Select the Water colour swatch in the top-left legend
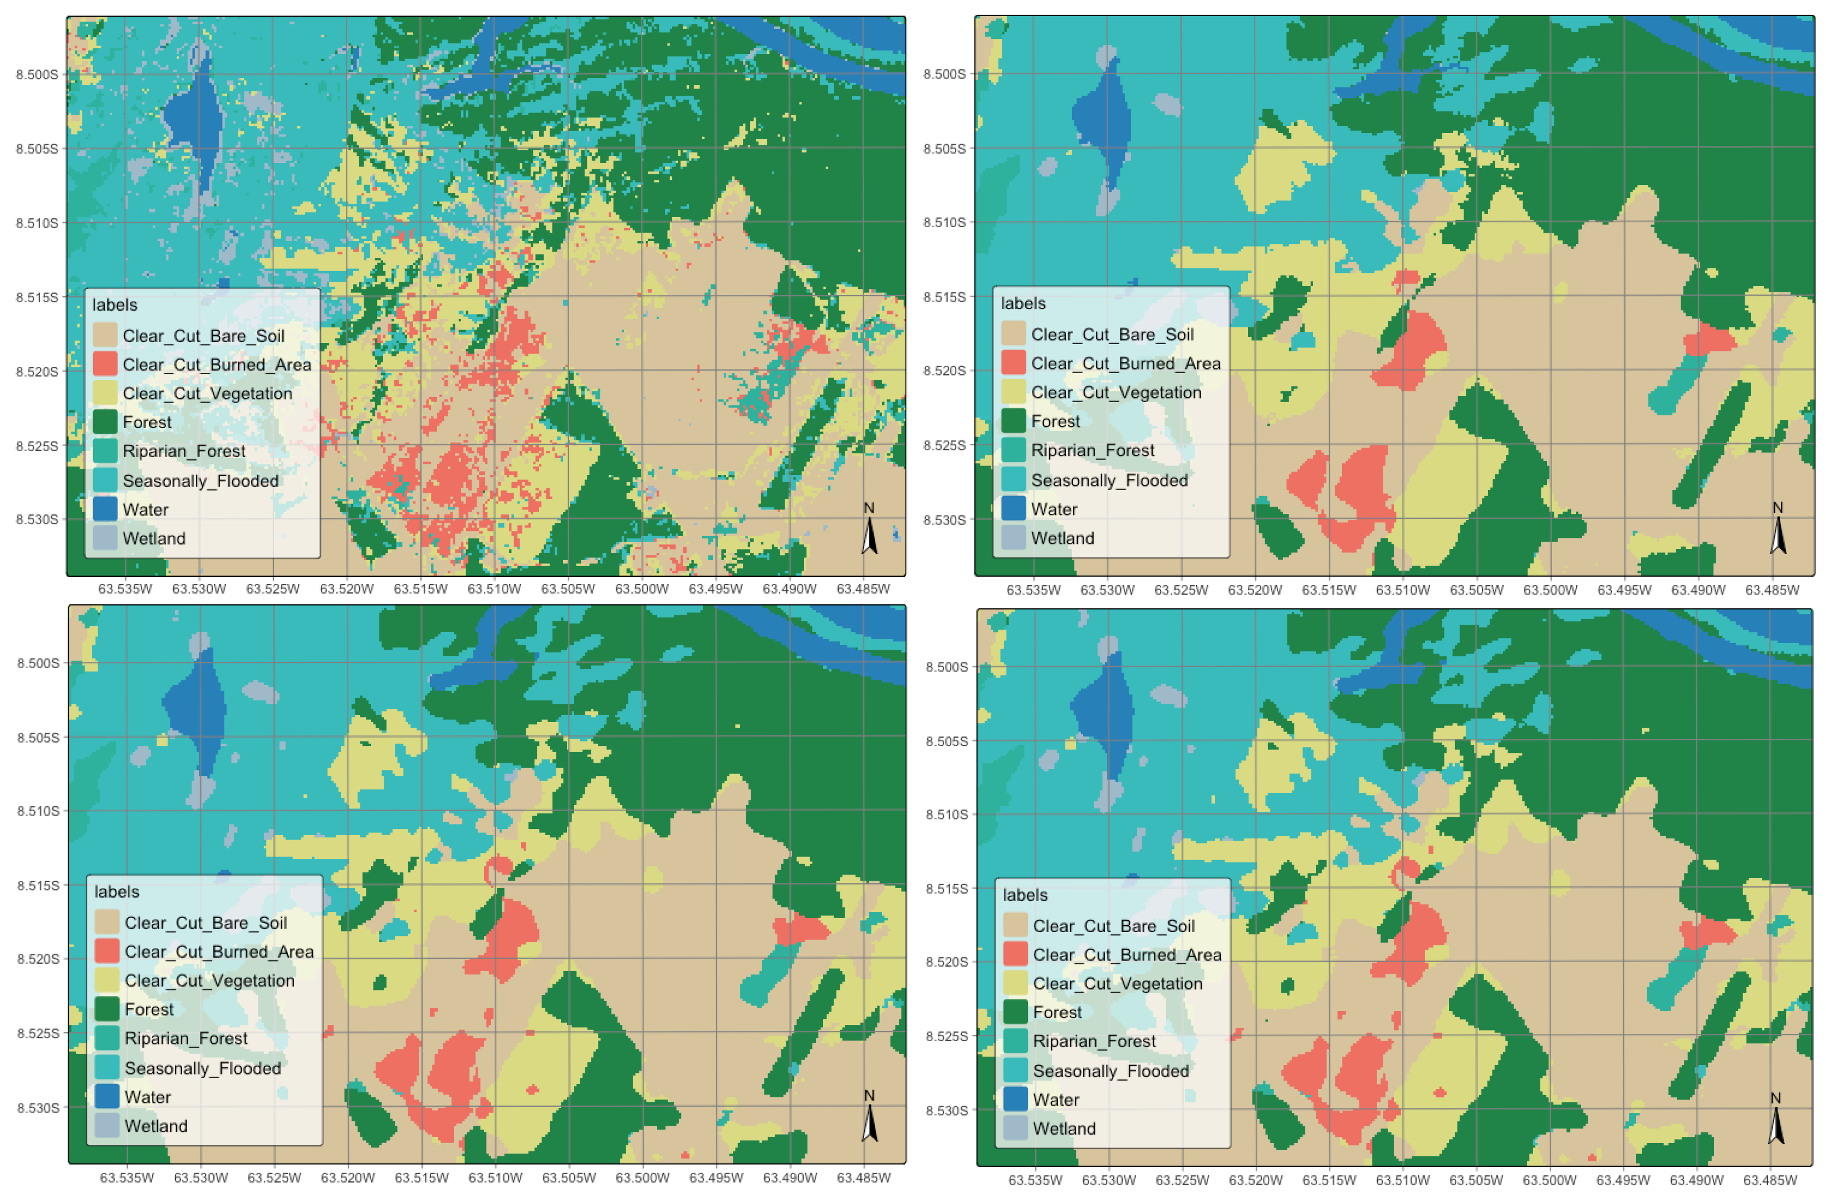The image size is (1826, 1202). (x=105, y=509)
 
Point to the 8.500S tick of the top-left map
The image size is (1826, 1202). (x=37, y=75)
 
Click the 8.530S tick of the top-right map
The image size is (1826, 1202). (x=944, y=519)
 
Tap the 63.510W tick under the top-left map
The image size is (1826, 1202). (x=494, y=589)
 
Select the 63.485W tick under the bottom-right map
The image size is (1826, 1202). (x=1770, y=1180)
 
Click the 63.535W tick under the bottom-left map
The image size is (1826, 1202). (x=126, y=1178)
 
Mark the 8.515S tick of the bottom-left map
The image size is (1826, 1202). (x=38, y=885)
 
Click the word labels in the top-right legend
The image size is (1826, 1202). (x=1023, y=303)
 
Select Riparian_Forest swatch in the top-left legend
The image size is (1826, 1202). (x=105, y=451)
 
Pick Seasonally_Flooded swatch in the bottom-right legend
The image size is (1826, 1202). (x=1015, y=1071)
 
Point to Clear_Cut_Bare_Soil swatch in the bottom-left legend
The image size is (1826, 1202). (x=107, y=923)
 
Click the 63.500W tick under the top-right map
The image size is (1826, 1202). (x=1549, y=590)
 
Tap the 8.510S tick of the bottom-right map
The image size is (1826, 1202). (x=947, y=815)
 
